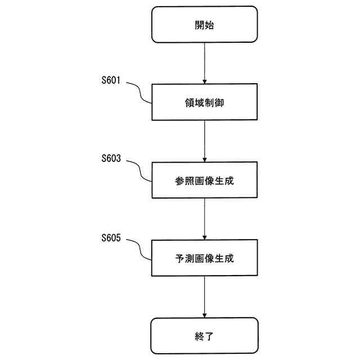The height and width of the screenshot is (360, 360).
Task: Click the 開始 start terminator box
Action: tap(204, 24)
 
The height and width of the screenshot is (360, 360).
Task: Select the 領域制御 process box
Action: tap(204, 102)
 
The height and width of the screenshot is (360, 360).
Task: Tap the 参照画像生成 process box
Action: tap(204, 180)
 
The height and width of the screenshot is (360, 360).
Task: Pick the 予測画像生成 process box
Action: tap(204, 258)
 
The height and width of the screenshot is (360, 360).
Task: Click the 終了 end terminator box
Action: tap(204, 336)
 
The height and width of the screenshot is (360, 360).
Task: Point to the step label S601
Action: tap(111, 80)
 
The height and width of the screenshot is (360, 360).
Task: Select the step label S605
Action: tap(111, 237)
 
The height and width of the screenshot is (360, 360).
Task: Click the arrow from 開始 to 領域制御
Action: tap(204, 62)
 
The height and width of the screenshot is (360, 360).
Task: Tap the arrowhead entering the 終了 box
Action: tap(204, 315)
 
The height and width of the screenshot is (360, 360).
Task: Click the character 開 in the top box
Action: tap(199, 25)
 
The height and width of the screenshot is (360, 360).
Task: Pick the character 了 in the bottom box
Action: tap(210, 336)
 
